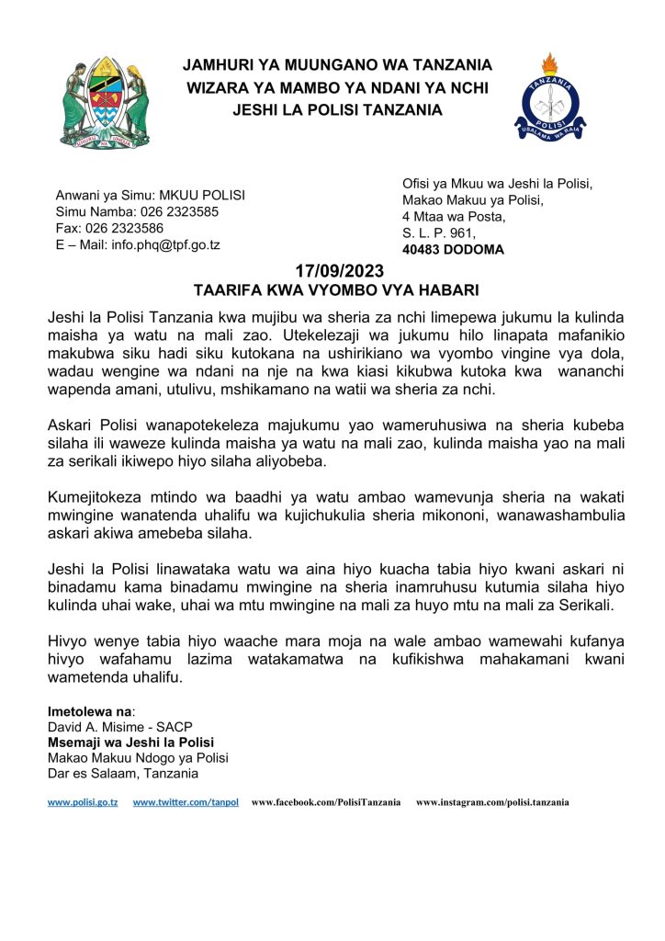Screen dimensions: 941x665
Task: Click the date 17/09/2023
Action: (332, 272)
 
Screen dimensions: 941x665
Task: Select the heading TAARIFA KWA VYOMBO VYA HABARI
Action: (332, 290)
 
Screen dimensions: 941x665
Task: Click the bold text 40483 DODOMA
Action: (453, 249)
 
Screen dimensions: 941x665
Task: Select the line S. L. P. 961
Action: (438, 232)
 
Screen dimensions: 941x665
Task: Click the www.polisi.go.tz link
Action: (83, 802)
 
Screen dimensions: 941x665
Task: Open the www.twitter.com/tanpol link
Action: (186, 802)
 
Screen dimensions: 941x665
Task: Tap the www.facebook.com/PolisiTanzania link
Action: (326, 802)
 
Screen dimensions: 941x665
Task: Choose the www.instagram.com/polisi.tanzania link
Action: (492, 802)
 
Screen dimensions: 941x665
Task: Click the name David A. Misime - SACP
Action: (119, 728)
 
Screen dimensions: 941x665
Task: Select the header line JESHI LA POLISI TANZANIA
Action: (337, 110)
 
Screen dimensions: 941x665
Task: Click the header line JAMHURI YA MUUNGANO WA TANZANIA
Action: (337, 65)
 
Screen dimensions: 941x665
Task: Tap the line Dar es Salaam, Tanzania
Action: (123, 773)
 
